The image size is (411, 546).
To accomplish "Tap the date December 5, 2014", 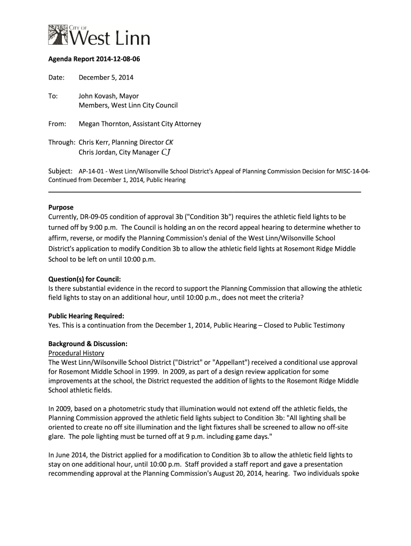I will coord(106,78).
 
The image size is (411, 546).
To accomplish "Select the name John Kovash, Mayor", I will coord(109,96).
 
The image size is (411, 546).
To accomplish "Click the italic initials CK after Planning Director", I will coord(169,142).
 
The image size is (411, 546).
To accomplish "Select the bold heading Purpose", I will coord(61,207).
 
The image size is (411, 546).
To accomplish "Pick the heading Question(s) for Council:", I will coord(85,279).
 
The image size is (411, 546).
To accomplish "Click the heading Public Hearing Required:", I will coord(86,316).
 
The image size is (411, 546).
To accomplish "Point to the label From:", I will coord(57,124).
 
